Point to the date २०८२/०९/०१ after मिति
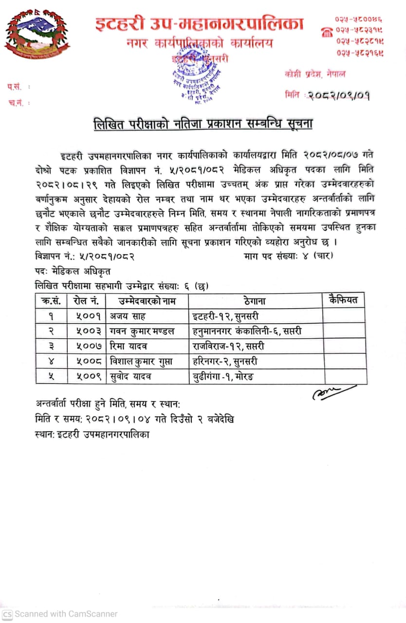pos(339,95)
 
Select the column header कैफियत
pos(344,300)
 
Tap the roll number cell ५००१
pos(88,316)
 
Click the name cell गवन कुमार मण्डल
pos(143,331)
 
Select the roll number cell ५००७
pos(88,347)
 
